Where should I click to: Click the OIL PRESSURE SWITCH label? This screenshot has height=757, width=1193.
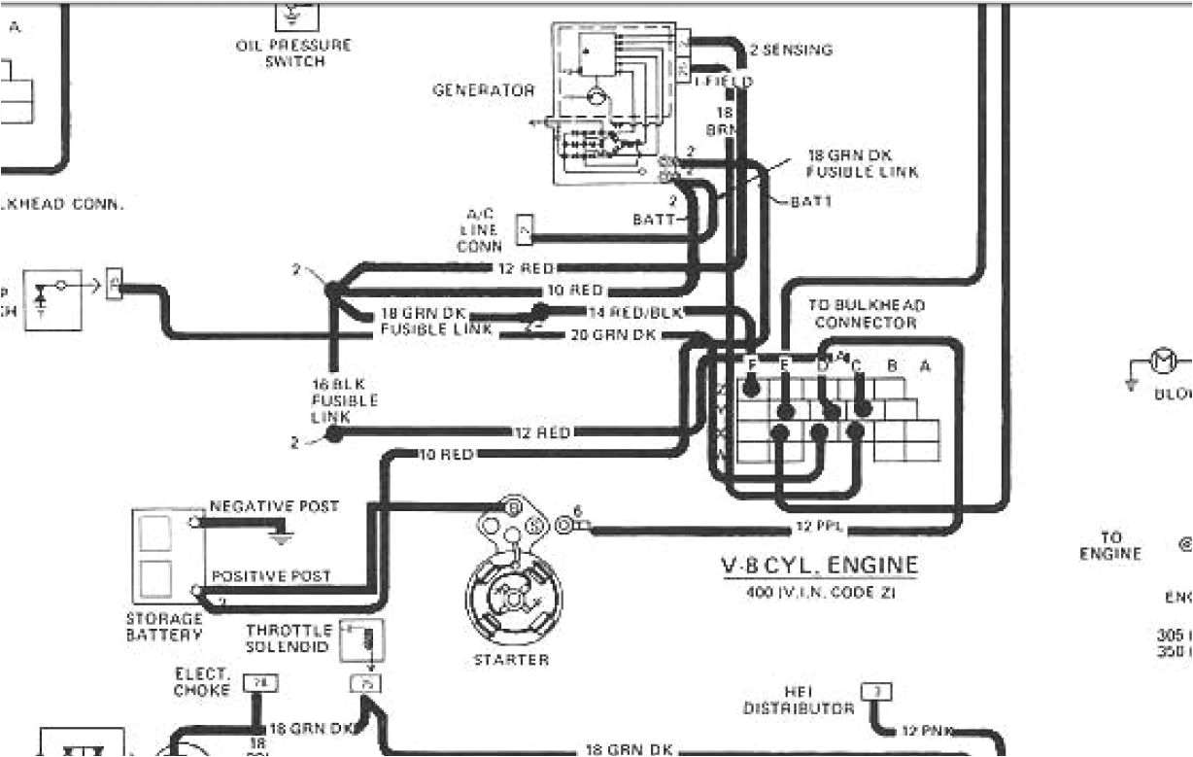point(292,52)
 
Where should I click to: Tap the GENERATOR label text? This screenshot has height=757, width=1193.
point(483,90)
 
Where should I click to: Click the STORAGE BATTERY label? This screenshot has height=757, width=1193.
point(164,626)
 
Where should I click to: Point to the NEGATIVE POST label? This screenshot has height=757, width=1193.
point(274,506)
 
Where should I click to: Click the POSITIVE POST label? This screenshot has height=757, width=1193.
point(271,575)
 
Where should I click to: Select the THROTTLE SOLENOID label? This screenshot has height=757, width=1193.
point(289,638)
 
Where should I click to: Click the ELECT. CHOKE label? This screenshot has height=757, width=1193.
point(202,682)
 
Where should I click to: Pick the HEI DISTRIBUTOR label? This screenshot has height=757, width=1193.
point(799,700)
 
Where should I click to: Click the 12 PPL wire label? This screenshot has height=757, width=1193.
point(817,529)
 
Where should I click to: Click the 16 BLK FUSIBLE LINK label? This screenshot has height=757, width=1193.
point(331,399)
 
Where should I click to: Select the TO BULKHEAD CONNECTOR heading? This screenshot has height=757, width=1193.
point(866,313)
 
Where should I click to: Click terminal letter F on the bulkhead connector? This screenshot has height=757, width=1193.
point(751,365)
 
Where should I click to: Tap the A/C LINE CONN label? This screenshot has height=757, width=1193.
point(480,231)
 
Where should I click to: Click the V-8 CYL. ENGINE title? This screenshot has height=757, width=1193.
point(818,566)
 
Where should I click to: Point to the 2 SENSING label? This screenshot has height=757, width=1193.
point(790,51)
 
